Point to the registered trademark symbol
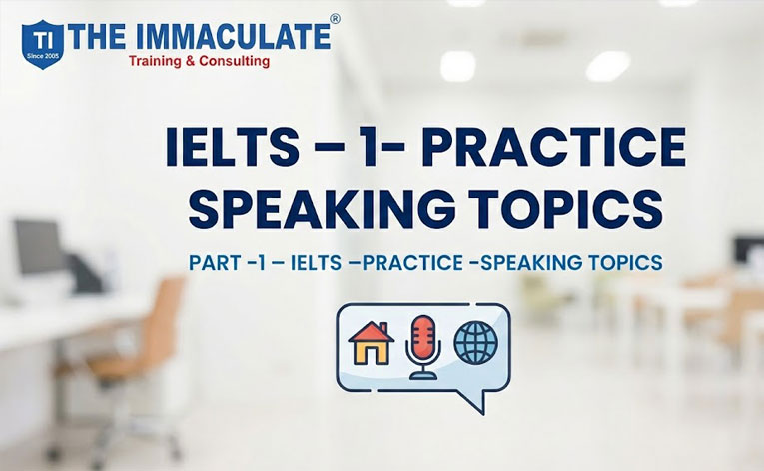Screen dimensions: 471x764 click(x=335, y=18)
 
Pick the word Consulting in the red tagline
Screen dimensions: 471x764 click(x=233, y=62)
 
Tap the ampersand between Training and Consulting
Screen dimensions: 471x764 click(x=194, y=62)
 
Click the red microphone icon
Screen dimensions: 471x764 click(x=423, y=346)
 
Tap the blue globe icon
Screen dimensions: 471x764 click(x=475, y=341)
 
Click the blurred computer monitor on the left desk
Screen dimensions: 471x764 click(x=38, y=246)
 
